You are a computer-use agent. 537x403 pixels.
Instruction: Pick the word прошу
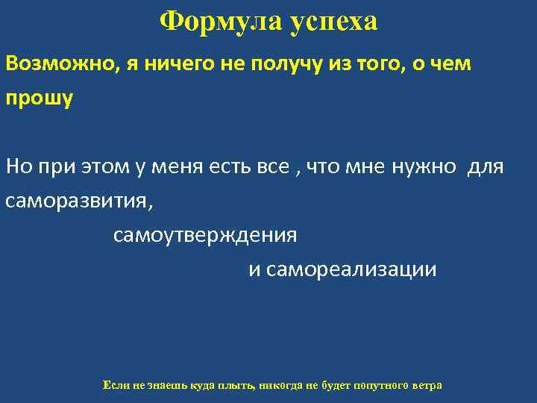click(x=39, y=99)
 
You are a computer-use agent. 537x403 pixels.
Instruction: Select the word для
click(x=486, y=166)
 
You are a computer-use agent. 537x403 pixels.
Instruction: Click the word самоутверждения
click(x=205, y=236)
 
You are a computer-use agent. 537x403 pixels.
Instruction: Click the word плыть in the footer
click(x=238, y=386)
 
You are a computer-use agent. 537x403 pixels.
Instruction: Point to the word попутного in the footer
click(x=375, y=386)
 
